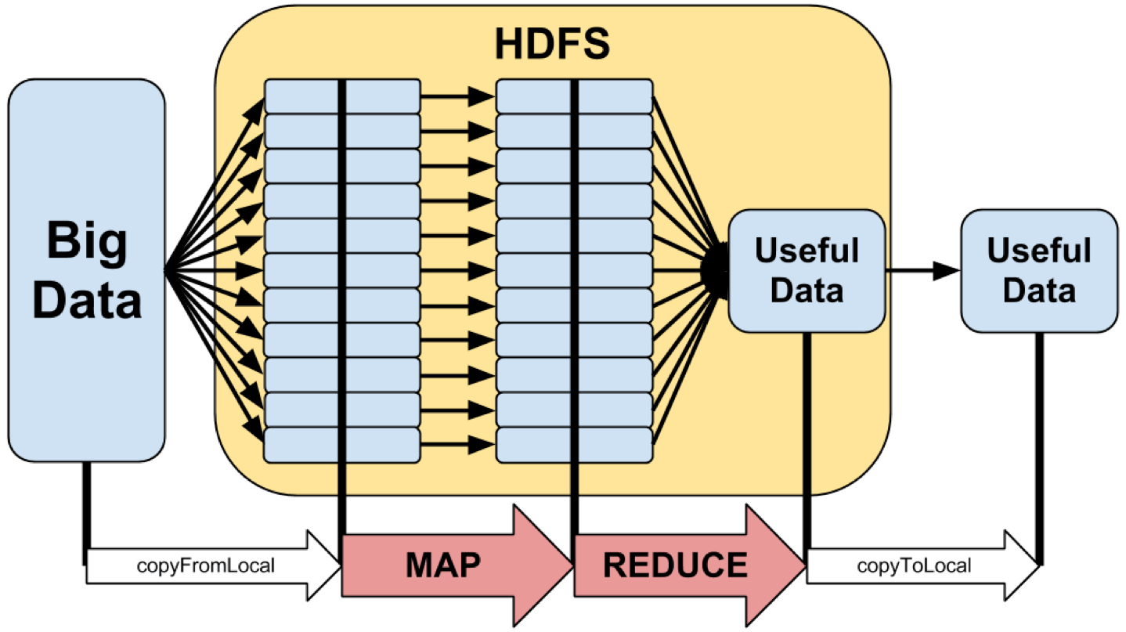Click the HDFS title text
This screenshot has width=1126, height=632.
point(551,45)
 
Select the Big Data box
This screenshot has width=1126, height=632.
point(86,269)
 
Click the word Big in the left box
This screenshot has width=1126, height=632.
point(86,240)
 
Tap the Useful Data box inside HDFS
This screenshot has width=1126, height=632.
point(806,270)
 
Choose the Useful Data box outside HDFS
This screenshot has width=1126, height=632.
point(1038,270)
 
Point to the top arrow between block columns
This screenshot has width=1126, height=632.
point(458,96)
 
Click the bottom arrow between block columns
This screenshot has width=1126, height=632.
point(458,445)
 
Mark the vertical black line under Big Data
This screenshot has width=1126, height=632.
point(87,505)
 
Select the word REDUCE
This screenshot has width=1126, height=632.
point(675,565)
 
